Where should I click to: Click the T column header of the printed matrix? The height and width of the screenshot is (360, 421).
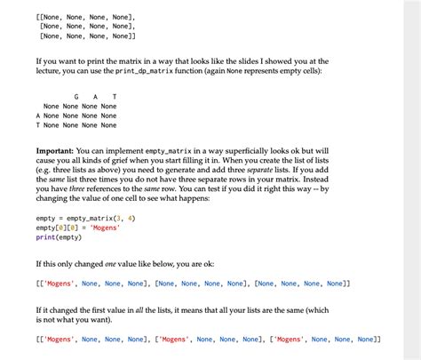click(114, 95)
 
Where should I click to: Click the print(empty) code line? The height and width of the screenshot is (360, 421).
click(59, 237)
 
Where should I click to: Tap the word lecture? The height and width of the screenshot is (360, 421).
click(50, 70)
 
